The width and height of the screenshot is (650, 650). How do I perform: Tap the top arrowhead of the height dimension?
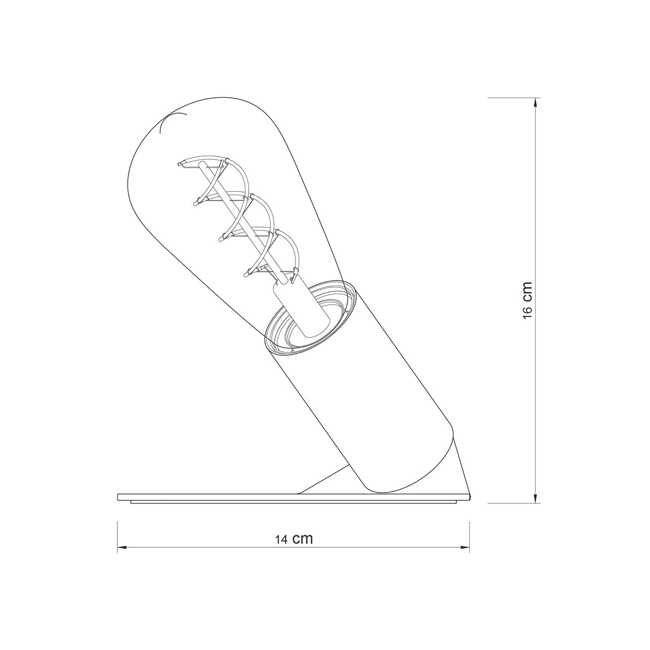click(x=536, y=102)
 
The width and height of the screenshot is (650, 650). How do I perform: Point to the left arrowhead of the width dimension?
click(x=122, y=548)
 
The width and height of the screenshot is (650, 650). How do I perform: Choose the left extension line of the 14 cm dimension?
click(x=118, y=537)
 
